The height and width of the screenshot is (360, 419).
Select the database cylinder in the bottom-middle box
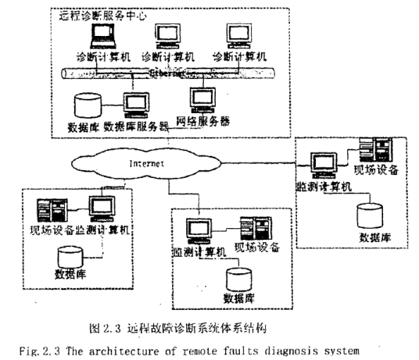tap(238, 280)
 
